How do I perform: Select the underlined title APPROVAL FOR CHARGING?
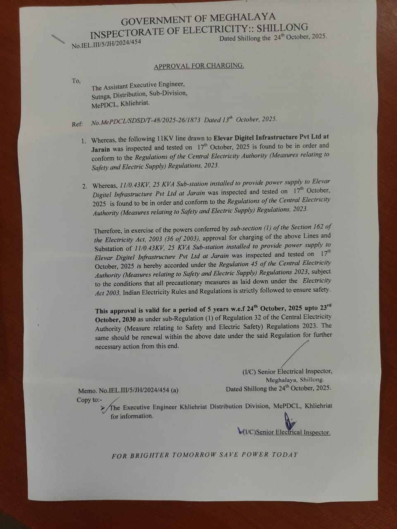[199, 66]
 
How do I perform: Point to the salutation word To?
[76, 81]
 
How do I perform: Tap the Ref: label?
[77, 124]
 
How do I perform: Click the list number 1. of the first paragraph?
[84, 141]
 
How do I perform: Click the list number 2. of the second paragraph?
[85, 186]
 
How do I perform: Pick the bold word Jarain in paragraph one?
[100, 149]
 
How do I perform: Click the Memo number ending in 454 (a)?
[128, 390]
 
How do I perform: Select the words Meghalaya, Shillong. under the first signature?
[295, 379]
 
